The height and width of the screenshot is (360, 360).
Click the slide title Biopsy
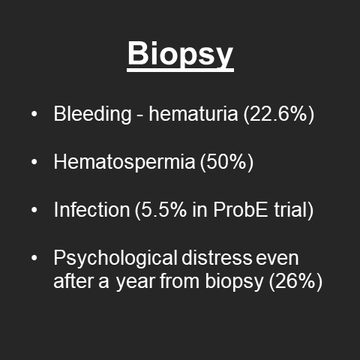pos(180,55)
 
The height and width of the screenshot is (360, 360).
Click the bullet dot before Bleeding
pos(34,115)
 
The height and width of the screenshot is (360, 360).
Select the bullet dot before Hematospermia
pos(34,163)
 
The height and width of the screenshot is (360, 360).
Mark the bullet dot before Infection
pos(34,211)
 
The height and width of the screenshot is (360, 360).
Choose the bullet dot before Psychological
pos(34,259)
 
